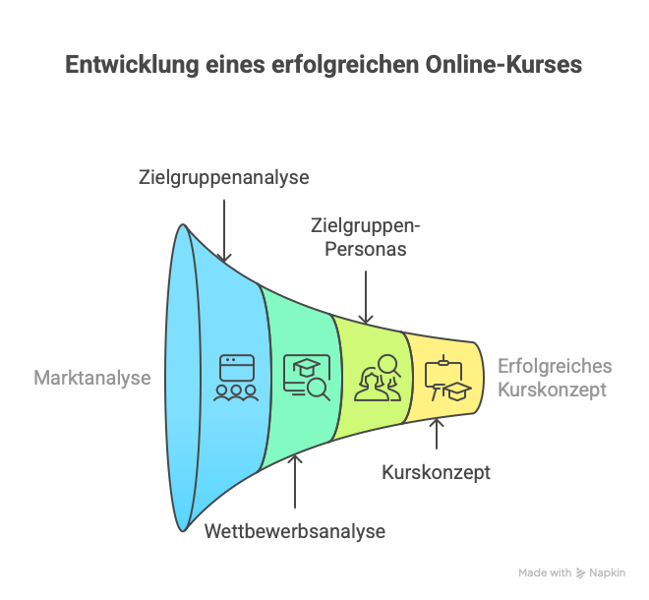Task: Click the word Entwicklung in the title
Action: click(x=132, y=65)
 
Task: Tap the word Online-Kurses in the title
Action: click(x=503, y=64)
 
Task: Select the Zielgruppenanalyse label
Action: click(x=224, y=178)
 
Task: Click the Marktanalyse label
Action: click(x=92, y=378)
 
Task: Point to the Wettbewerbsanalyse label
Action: click(x=295, y=531)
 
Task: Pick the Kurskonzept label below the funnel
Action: click(x=436, y=473)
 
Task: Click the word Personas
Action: click(x=366, y=249)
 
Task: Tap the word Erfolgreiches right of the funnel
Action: click(x=555, y=367)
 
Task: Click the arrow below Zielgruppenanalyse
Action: click(x=224, y=231)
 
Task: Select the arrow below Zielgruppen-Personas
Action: click(x=366, y=297)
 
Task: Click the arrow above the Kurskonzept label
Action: click(x=437, y=435)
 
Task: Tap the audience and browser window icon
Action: click(x=236, y=378)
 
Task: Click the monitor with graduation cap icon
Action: click(x=307, y=378)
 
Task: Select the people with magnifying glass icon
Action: click(x=378, y=378)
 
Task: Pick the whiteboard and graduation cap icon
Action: click(x=447, y=378)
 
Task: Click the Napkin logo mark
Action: click(x=581, y=573)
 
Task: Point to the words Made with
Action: click(x=545, y=573)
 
